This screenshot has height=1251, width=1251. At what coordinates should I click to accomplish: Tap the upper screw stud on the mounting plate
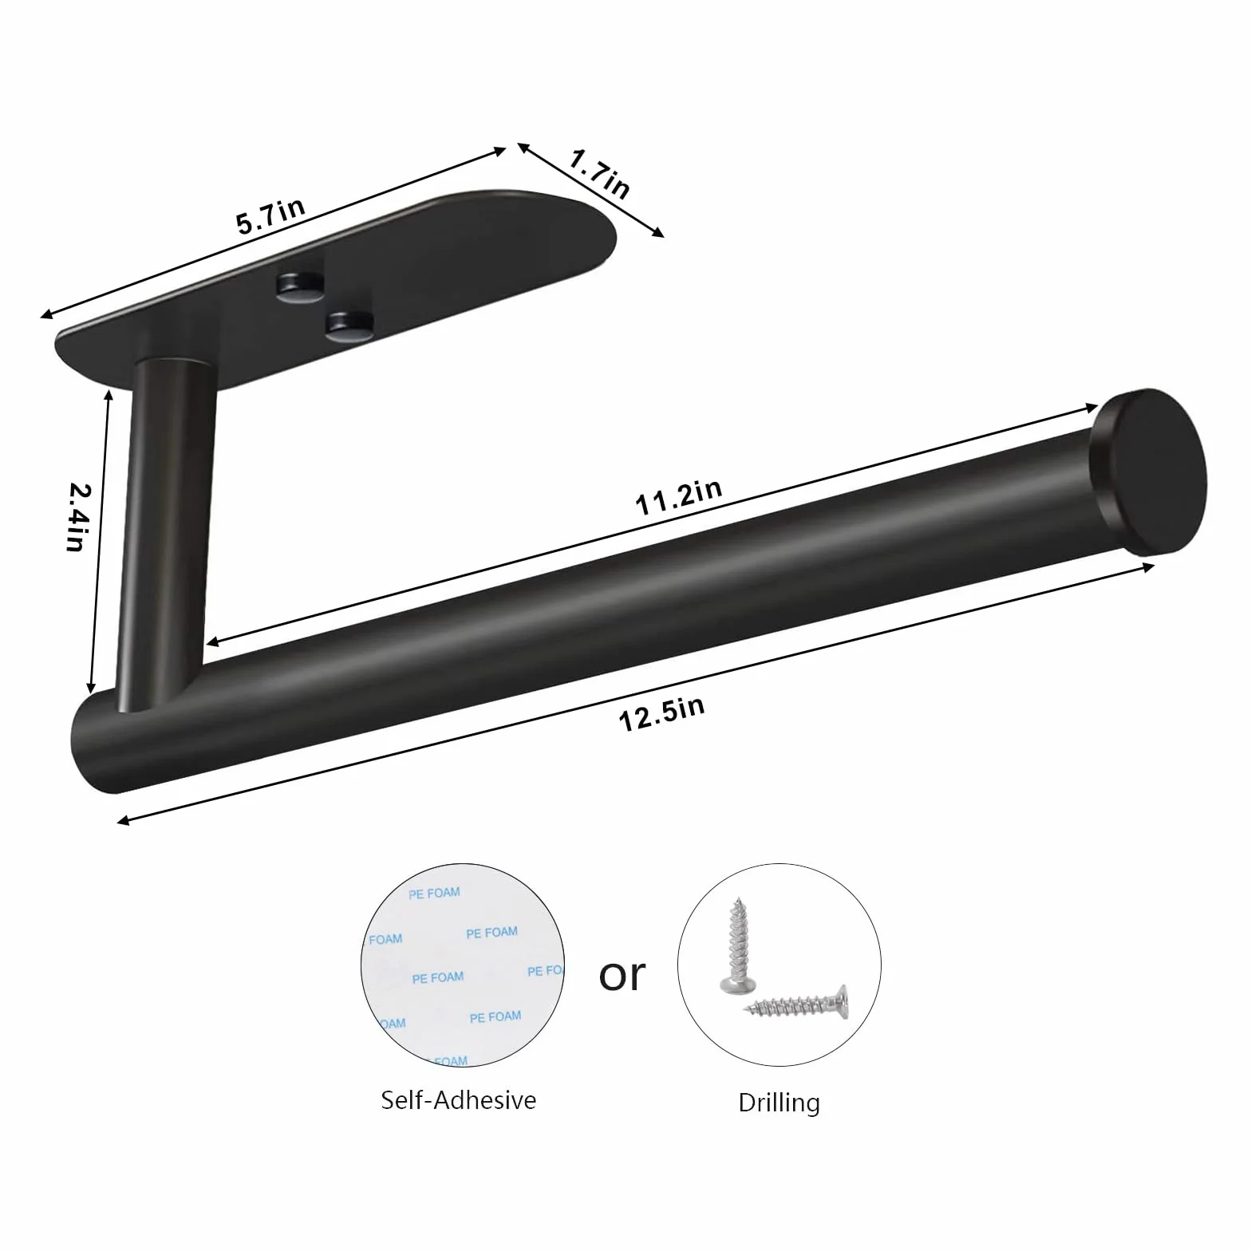[297, 286]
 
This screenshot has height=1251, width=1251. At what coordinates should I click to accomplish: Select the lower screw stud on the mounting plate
[349, 326]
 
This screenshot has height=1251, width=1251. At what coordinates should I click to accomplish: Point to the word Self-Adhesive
[459, 1099]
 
